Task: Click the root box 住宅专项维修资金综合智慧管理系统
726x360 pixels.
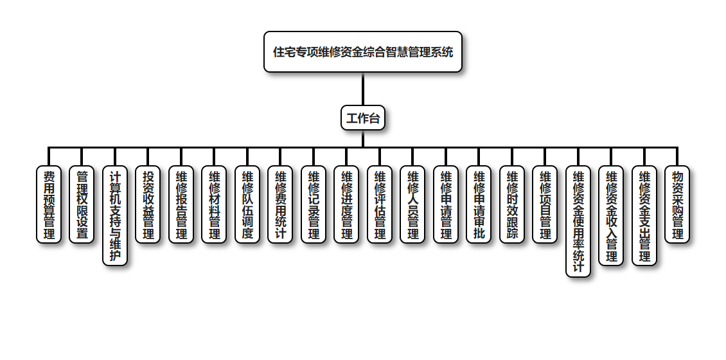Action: tap(363, 51)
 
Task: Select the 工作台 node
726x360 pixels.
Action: tap(363, 118)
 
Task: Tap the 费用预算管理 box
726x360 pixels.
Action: tap(49, 204)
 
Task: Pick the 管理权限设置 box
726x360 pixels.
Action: tap(82, 204)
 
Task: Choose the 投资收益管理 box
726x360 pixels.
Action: tap(148, 204)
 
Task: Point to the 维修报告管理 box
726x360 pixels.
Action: tap(181, 204)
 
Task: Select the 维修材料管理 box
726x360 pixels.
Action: tap(215, 204)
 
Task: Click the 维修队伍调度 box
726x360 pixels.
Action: tap(247, 204)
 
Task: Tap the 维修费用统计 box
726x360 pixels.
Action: tap(281, 204)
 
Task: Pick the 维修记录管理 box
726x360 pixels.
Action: tap(314, 204)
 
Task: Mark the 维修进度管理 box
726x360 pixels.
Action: tap(347, 204)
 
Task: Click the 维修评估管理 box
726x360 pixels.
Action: tap(380, 204)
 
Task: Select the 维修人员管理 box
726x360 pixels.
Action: tap(413, 204)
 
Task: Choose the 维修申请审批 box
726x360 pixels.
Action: tap(479, 204)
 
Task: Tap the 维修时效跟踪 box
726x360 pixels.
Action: tap(512, 204)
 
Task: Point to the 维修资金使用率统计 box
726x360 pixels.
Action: tap(578, 221)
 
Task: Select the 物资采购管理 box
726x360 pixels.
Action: tap(678, 204)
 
